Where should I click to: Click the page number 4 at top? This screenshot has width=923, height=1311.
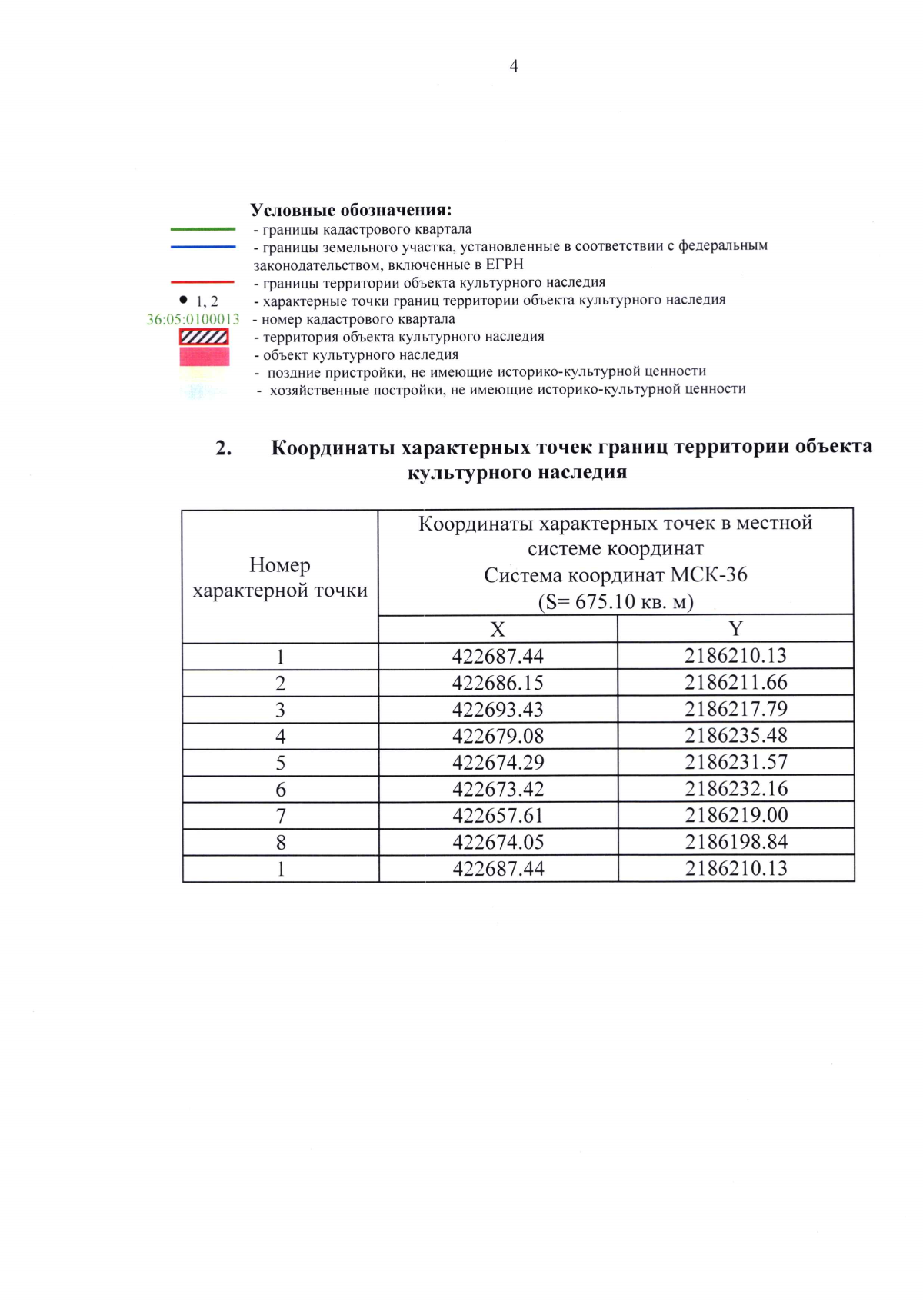514,67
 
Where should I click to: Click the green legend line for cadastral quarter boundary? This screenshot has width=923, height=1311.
203,229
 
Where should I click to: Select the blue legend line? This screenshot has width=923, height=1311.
203,247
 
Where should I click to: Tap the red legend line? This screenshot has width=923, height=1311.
203,282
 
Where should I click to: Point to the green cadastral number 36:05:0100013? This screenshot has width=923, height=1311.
193,319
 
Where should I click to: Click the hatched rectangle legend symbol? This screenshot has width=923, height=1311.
204,337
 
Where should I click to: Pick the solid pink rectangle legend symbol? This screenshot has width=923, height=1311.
204,356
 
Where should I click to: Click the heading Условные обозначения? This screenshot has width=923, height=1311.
351,210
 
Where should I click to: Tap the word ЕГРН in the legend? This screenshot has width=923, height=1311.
505,265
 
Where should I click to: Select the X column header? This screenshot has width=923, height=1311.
498,629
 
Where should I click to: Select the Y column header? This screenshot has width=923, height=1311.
735,629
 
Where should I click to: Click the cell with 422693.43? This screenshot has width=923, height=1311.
498,710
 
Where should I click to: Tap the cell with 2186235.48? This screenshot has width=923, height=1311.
736,736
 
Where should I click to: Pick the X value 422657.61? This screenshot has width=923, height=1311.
498,816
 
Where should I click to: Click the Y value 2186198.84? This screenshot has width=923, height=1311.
736,842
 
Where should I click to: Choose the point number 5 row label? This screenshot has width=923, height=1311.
281,763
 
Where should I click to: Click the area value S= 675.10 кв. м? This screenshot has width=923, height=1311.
615,601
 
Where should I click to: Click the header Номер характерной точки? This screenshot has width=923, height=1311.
280,577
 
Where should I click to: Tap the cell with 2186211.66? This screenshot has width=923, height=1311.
736,683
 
